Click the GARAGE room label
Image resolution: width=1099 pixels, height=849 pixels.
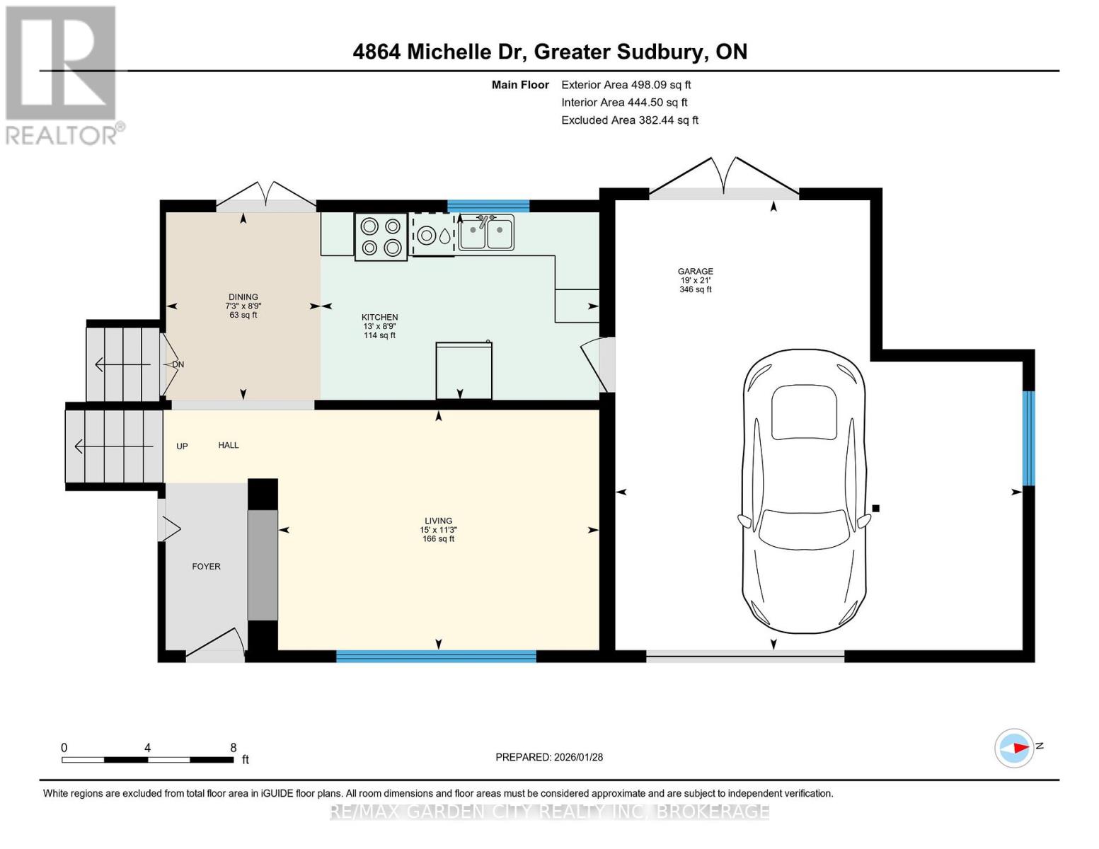(x=695, y=272)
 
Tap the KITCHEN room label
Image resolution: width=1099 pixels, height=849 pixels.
(x=379, y=318)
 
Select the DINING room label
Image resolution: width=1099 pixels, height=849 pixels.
(x=243, y=297)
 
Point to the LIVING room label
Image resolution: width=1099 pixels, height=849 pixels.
(x=438, y=521)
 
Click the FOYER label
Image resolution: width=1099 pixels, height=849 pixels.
(x=206, y=567)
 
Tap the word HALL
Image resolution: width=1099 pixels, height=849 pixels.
(x=228, y=446)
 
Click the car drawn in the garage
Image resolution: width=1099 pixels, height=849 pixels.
(x=804, y=491)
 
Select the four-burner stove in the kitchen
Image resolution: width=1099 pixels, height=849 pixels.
(x=381, y=237)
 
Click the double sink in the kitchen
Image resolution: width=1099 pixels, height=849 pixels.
(x=485, y=233)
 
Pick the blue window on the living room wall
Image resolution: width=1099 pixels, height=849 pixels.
(x=436, y=656)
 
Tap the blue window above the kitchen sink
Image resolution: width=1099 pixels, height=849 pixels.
(x=488, y=206)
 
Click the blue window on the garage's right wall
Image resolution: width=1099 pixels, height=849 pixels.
(x=1028, y=438)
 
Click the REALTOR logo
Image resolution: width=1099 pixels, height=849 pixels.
(x=62, y=74)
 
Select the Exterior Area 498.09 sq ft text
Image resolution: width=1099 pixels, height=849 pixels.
(x=626, y=85)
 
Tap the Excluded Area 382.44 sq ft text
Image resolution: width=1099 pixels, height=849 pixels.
(x=629, y=120)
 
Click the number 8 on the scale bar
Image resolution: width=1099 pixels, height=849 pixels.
(x=233, y=748)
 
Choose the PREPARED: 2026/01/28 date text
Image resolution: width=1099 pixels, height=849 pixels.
(x=548, y=757)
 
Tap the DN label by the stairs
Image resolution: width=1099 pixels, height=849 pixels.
(x=178, y=365)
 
